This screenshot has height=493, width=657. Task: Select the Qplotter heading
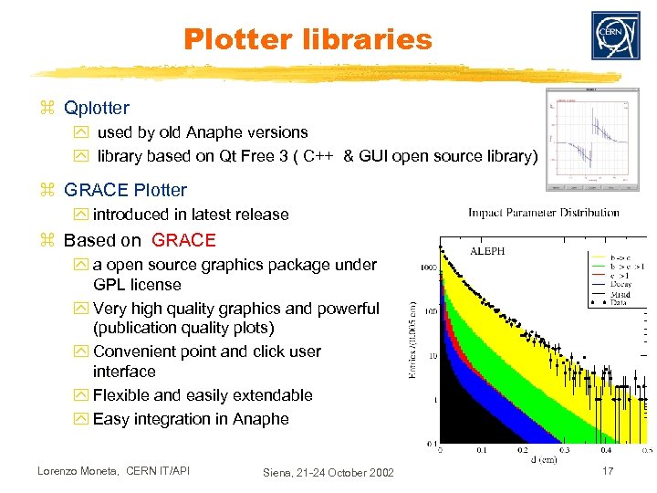pyautogui.click(x=96, y=109)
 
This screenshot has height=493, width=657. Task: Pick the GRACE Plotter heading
pyautogui.click(x=125, y=191)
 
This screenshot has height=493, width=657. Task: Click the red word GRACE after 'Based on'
pyautogui.click(x=183, y=241)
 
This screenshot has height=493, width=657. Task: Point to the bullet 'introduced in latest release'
pyautogui.click(x=190, y=215)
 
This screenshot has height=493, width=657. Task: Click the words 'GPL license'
pyautogui.click(x=137, y=285)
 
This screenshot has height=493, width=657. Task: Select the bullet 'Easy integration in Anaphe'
pyautogui.click(x=190, y=419)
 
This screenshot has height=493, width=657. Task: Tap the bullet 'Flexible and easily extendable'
pyautogui.click(x=202, y=395)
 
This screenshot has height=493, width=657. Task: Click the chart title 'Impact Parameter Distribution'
pyautogui.click(x=543, y=214)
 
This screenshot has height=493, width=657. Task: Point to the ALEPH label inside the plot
pyautogui.click(x=486, y=250)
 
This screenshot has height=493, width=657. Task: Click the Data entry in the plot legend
pyautogui.click(x=621, y=301)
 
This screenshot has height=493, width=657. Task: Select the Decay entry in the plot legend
pyautogui.click(x=621, y=284)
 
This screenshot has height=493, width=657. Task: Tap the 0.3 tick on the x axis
pyautogui.click(x=564, y=450)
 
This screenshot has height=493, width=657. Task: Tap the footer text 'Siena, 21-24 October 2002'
pyautogui.click(x=328, y=472)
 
